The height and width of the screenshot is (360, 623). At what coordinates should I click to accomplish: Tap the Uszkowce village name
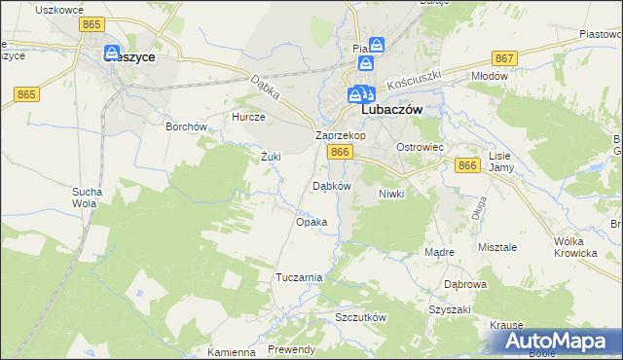pos(55,9)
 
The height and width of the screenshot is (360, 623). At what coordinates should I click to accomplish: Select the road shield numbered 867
pos(504,59)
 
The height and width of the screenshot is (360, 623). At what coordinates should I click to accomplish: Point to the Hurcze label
pos(247,116)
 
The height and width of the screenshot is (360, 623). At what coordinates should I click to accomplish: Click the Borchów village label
pos(187,126)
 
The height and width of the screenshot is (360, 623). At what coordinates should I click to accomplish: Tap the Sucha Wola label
pos(85,198)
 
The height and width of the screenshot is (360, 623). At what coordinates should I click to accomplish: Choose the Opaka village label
pos(311,222)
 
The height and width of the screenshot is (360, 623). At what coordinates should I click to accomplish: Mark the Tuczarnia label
pos(299,277)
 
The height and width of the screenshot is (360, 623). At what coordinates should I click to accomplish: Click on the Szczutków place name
pos(361,318)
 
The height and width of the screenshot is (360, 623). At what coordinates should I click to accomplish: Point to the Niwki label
pos(390,194)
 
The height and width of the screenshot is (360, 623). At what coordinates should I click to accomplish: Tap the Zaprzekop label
pos(340,135)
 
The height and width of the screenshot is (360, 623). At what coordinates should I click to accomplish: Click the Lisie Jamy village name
pos(500,162)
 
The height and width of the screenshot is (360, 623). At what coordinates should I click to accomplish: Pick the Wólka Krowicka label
pos(574,246)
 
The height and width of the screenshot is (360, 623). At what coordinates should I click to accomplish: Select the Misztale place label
pos(497,247)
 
